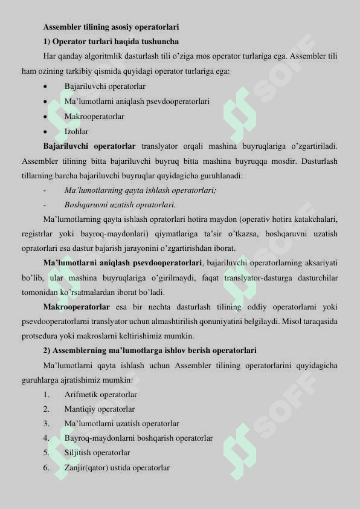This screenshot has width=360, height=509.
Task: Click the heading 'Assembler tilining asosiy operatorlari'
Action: point(111,27)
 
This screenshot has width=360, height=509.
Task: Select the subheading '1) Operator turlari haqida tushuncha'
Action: point(111,42)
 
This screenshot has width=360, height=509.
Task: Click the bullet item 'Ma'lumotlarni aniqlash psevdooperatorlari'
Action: point(137,102)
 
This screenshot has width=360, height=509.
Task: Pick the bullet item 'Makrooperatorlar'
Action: point(94,116)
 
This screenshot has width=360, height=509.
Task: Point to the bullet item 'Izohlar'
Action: point(76,131)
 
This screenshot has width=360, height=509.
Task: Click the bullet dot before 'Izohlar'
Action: point(46,132)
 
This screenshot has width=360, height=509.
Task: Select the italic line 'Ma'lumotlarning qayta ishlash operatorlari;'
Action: point(140,190)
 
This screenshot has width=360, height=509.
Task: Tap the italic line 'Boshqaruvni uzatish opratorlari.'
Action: point(120,205)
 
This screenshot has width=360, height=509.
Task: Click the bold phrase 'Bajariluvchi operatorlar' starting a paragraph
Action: point(89,146)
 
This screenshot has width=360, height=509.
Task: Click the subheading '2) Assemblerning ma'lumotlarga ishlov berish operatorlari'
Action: point(150,351)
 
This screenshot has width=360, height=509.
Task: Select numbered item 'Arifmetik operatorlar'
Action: point(100,394)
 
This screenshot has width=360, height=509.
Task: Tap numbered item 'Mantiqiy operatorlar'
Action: point(99,409)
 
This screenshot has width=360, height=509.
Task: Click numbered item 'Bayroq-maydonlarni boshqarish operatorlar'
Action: point(138,438)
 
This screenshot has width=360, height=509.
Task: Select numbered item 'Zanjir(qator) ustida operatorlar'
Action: point(117,468)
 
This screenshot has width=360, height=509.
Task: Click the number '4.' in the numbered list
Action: point(46,438)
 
